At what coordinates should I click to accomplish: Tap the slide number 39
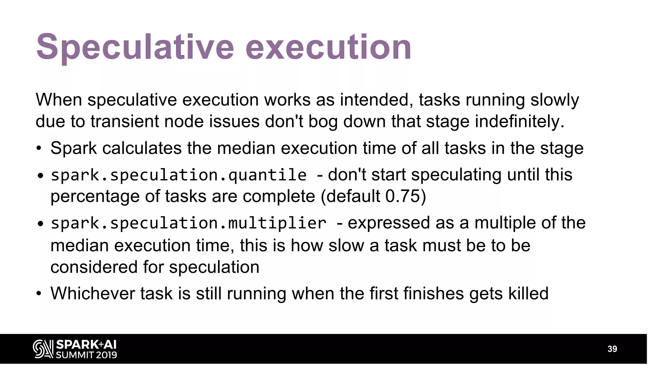click(612, 349)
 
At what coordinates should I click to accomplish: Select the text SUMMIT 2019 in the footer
click(86, 355)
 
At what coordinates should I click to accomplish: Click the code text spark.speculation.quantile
click(178, 175)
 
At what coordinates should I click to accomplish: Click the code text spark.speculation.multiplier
click(188, 223)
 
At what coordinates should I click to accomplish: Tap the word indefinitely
click(520, 121)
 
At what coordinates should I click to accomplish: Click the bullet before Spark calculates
click(39, 149)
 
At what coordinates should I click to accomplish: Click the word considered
click(94, 267)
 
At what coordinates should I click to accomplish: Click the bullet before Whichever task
click(39, 294)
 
